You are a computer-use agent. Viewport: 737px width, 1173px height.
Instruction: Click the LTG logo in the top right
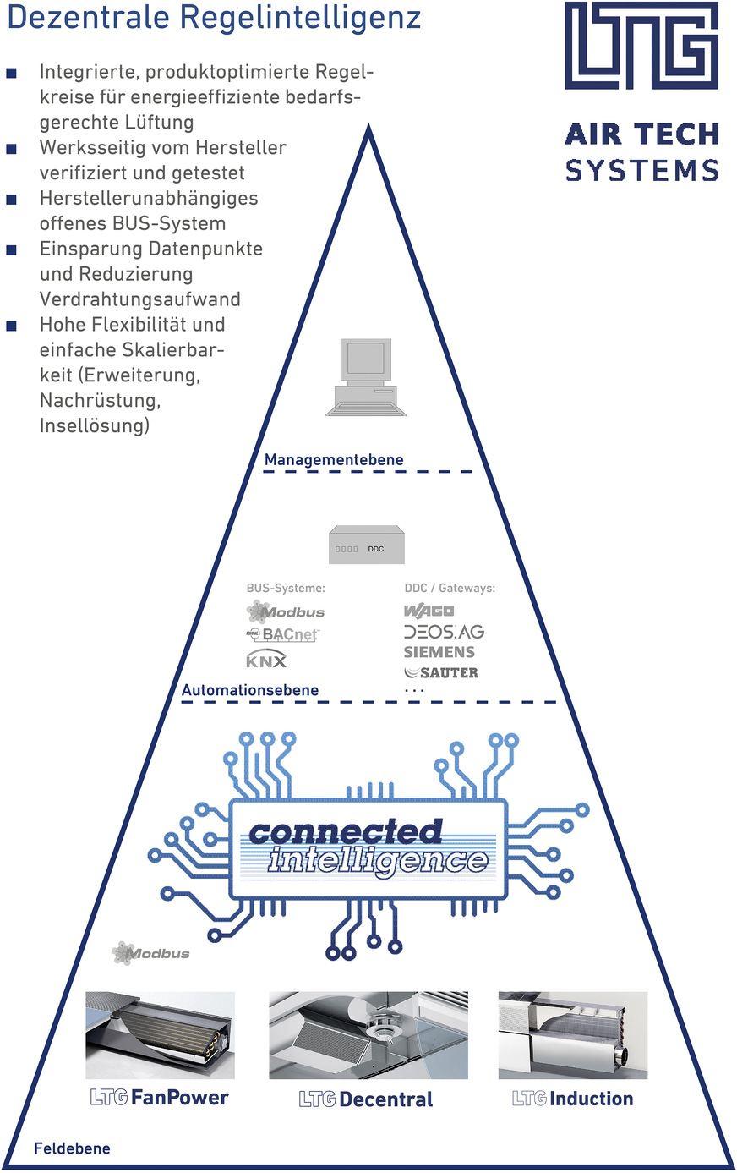click(x=641, y=46)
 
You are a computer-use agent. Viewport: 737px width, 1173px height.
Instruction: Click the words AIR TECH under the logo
click(x=641, y=134)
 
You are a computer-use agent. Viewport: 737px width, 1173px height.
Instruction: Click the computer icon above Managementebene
click(x=366, y=377)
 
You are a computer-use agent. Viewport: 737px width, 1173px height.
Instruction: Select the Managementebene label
click(x=334, y=460)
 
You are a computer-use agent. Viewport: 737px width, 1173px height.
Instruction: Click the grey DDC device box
click(x=367, y=545)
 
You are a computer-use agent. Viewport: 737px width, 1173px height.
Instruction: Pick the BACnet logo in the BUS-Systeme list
click(x=284, y=633)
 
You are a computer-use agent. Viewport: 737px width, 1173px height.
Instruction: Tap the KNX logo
click(x=266, y=660)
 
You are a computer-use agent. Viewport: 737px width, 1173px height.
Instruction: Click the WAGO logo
click(x=429, y=611)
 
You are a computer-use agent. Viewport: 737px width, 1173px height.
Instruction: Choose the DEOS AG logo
click(x=444, y=632)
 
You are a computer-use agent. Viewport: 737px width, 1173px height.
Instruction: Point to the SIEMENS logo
click(x=439, y=652)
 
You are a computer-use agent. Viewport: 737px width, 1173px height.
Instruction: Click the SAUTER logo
click(x=441, y=673)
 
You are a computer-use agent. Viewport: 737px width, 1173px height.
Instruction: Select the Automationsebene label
click(x=250, y=690)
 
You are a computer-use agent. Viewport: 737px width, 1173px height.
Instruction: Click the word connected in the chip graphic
click(x=346, y=832)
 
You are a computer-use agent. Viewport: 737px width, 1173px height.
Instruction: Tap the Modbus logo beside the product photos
click(x=151, y=953)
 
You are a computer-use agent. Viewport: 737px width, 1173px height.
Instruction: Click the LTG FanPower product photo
click(x=160, y=1035)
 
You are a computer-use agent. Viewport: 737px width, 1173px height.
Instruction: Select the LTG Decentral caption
click(x=366, y=1099)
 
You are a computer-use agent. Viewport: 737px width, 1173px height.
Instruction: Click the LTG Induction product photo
click(x=572, y=1035)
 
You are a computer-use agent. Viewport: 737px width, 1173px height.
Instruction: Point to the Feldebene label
click(x=72, y=1148)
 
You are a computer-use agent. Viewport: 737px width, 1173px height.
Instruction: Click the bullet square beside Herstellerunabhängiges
click(x=12, y=200)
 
